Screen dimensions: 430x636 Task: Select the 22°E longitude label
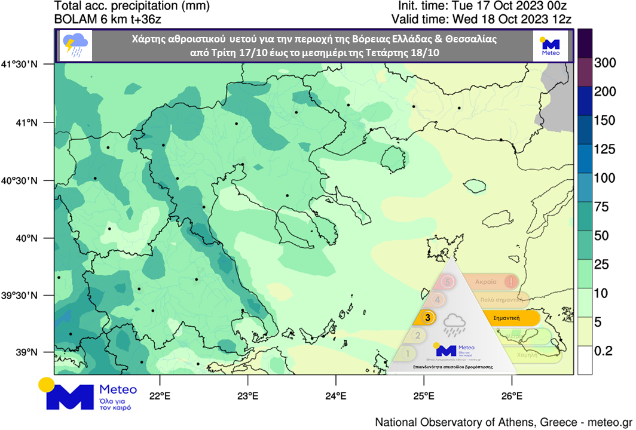click(x=160, y=396)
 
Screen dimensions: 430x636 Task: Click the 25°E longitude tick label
click(x=424, y=396)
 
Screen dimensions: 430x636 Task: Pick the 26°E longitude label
click(x=512, y=396)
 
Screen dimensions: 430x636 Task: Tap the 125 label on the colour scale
click(x=604, y=149)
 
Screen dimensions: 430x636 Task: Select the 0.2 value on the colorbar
click(x=604, y=351)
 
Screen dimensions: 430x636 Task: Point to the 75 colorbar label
click(x=600, y=207)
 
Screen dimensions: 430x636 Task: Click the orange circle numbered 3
click(x=427, y=318)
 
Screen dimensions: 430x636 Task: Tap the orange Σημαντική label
click(x=506, y=318)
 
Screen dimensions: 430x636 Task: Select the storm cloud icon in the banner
click(x=77, y=45)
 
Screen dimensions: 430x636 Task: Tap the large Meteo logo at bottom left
click(x=88, y=394)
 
